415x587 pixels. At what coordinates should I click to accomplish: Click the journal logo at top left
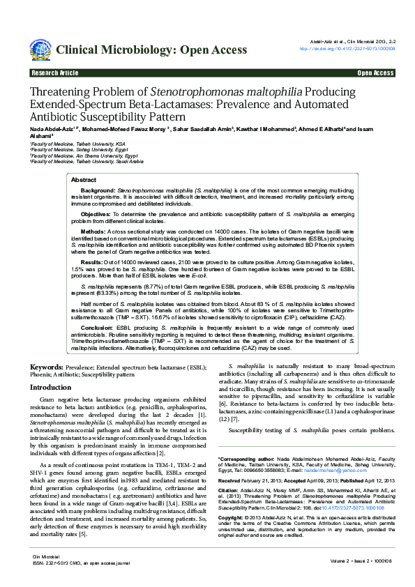40,49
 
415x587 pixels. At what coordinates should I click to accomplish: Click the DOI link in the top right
347,49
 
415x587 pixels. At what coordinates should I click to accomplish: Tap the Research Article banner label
55,73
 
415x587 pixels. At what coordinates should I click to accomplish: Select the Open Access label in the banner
376,73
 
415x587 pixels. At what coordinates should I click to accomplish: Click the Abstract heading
84,180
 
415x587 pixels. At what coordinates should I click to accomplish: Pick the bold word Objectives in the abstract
96,214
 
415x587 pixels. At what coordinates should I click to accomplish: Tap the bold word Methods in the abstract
93,230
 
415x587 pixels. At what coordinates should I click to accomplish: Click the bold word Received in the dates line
232,481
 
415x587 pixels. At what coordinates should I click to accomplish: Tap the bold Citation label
231,491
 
